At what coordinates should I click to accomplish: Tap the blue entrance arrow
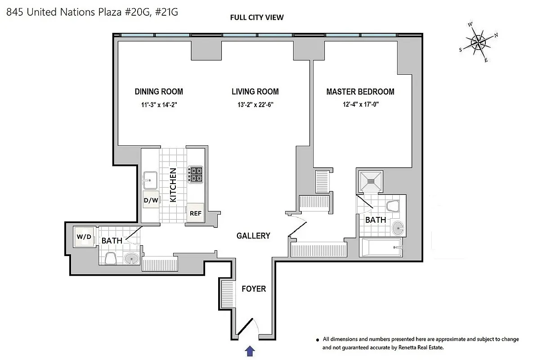251,351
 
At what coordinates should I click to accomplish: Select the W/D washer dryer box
84,236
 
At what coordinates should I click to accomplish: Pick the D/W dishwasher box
150,200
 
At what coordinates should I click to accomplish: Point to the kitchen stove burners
196,174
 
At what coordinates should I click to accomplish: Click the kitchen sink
150,181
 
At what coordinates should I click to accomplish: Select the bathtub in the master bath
381,247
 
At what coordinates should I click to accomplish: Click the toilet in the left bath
110,258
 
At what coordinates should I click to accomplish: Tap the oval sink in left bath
131,259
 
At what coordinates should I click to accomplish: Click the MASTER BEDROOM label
360,92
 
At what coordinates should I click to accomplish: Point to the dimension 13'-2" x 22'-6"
255,106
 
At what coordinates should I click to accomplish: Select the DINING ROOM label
159,92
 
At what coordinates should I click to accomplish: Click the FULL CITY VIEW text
257,18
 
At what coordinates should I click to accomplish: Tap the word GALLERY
253,236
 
